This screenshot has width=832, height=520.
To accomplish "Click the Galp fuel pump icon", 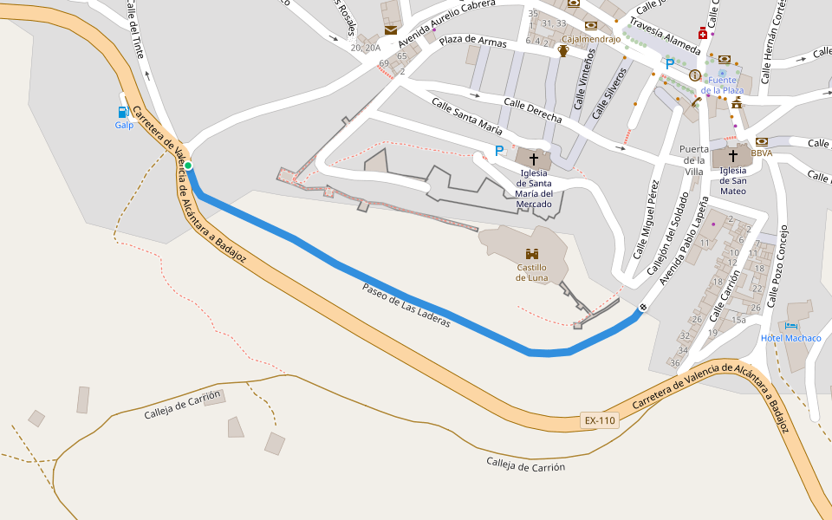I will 124,112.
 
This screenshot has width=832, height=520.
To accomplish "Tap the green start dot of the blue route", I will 188,166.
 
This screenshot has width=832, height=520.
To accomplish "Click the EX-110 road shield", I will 600,421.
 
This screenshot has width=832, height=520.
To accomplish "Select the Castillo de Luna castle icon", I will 532,254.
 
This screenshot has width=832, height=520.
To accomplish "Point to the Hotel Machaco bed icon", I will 790,325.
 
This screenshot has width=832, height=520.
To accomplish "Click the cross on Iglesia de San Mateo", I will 733,156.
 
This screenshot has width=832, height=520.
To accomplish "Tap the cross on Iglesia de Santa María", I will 534,160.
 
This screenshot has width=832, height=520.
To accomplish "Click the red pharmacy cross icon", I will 703,35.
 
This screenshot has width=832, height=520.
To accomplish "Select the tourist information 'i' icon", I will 694,75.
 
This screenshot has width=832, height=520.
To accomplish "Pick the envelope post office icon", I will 391,30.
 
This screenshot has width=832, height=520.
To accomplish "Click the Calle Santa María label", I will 467,116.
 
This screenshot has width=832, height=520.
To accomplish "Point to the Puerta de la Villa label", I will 693,160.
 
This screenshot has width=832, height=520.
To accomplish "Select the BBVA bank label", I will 762,153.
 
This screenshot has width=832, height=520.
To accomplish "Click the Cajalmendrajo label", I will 591,39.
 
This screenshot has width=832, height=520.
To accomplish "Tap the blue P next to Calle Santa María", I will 498,151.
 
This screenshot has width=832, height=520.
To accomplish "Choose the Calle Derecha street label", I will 533,111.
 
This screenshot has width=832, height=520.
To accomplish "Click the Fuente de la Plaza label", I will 723,85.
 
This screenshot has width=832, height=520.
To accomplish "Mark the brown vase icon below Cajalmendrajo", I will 563,51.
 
